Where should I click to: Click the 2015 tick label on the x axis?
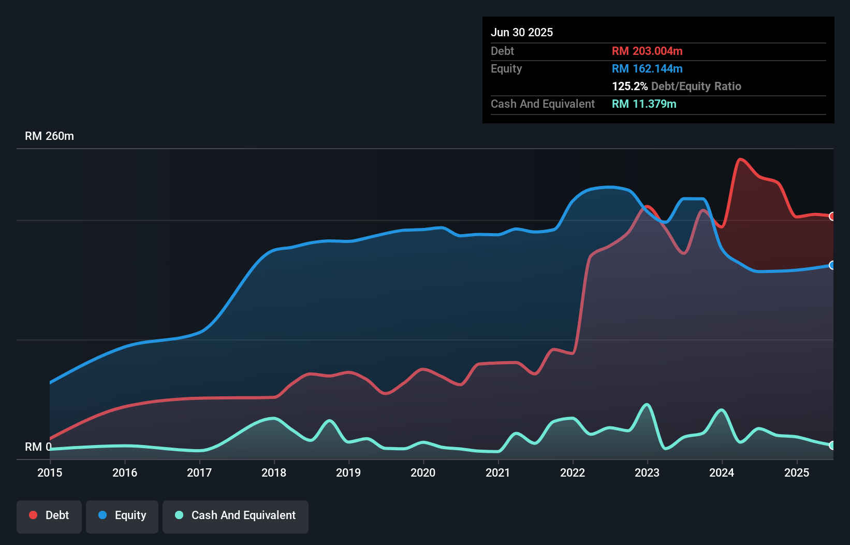(50, 472)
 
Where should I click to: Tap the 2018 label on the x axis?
(274, 472)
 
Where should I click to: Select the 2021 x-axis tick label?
(497, 472)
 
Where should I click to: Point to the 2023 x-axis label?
(647, 472)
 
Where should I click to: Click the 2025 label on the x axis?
(797, 472)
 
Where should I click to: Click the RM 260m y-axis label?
(49, 136)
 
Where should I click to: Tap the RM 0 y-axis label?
(38, 447)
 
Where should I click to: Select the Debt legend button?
(49, 515)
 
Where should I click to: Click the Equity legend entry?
(122, 515)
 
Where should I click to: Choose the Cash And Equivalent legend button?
(236, 515)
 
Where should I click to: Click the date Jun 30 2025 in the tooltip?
(522, 32)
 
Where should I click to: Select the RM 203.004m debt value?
(647, 51)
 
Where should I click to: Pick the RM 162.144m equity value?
(647, 68)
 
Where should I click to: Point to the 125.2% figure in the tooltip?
(629, 86)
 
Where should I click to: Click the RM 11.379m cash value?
(644, 104)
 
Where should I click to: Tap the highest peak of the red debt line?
(740, 159)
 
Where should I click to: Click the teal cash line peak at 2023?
(647, 404)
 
